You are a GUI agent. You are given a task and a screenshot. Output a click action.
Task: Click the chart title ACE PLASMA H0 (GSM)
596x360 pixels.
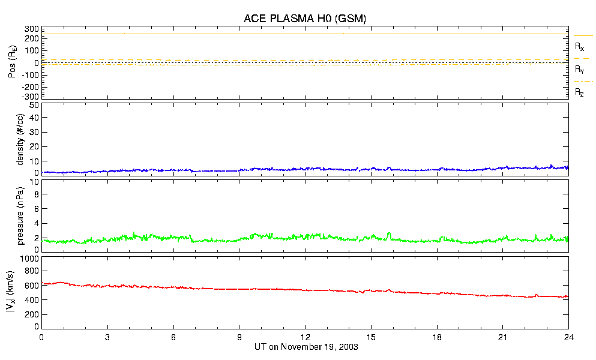click(304, 19)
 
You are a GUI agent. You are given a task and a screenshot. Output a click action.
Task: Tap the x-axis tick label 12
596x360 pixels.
click(305, 338)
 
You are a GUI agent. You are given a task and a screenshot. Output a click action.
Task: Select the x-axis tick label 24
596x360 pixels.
click(568, 338)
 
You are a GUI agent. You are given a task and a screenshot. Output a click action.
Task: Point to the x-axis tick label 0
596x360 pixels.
click(41, 338)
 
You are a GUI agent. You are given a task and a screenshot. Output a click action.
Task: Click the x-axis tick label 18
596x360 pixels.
click(437, 338)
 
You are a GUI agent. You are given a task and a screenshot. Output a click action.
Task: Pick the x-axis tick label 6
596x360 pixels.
click(173, 338)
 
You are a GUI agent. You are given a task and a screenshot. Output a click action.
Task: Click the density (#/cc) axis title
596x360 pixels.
click(21, 140)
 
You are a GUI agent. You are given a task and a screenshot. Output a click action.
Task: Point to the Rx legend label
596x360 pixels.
click(579, 46)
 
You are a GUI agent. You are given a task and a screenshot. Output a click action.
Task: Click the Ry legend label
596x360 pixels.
click(579, 70)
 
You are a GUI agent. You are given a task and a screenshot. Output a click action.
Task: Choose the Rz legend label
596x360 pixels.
click(579, 92)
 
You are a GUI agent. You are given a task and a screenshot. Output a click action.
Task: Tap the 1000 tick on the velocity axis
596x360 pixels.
click(29, 259)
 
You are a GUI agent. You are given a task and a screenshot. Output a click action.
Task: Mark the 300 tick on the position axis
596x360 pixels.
click(32, 29)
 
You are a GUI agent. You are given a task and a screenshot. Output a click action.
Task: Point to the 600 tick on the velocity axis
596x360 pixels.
click(32, 286)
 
